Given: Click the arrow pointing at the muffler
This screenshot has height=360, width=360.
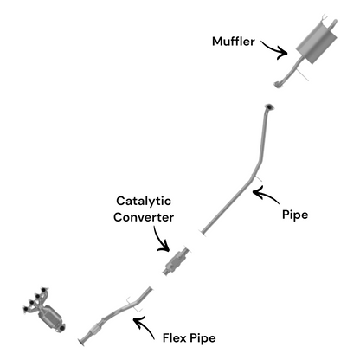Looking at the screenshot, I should pyautogui.click(x=275, y=47).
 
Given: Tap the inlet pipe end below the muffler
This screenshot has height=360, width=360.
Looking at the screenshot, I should pyautogui.click(x=279, y=82).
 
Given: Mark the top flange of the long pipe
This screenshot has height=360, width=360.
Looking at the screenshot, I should pyautogui.click(x=269, y=107).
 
